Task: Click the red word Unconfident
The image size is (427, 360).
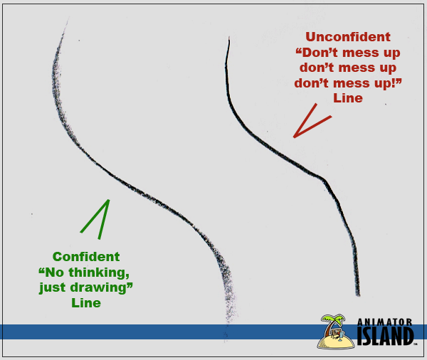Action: coord(348,37)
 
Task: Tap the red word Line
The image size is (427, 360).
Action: coord(347,98)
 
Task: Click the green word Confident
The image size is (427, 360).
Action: coord(86,257)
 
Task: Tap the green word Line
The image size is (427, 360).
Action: coord(86,303)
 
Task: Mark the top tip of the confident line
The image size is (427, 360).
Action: coord(67,21)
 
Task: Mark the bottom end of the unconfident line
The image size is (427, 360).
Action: coord(358,294)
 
